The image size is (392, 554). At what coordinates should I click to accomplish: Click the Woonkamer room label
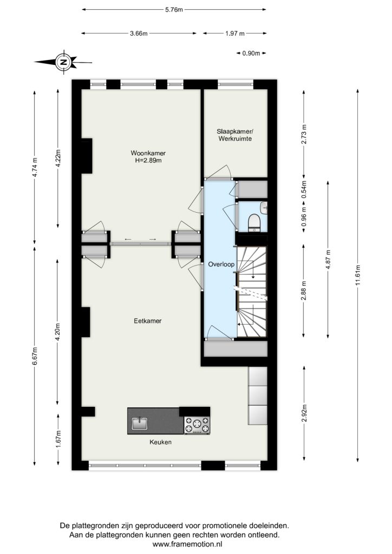click(148, 153)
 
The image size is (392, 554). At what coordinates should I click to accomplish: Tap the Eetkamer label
click(148, 321)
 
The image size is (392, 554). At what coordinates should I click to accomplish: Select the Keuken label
click(160, 442)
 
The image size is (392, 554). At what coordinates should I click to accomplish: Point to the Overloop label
click(221, 264)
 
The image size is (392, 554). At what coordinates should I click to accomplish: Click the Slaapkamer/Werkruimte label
click(235, 135)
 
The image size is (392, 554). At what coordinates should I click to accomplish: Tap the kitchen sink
click(140, 423)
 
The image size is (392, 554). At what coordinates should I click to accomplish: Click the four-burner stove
click(197, 425)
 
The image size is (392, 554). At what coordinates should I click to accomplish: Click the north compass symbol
click(63, 62)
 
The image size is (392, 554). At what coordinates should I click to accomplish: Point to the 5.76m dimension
click(174, 10)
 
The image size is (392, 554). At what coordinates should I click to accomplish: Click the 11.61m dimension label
click(358, 275)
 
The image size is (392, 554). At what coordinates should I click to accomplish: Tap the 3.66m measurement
click(139, 34)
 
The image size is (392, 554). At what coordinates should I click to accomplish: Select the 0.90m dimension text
click(251, 54)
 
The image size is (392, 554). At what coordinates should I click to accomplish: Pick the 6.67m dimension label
click(35, 358)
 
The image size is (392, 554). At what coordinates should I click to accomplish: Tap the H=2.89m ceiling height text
click(148, 160)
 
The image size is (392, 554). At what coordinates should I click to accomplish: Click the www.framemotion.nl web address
click(187, 544)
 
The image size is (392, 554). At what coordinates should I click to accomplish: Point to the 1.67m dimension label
click(58, 438)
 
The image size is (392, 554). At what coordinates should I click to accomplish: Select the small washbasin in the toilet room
click(263, 208)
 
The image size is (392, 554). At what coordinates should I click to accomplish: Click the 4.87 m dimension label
click(328, 260)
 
